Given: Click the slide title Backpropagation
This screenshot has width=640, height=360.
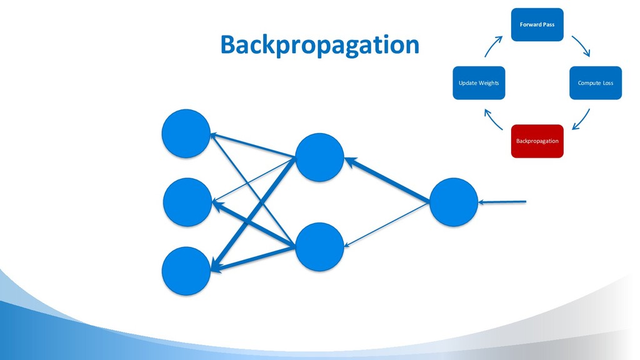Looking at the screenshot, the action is tap(319, 45).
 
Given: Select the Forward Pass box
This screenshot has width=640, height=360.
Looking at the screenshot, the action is tap(537, 24).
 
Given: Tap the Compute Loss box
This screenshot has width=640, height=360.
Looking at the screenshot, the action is tap(595, 82).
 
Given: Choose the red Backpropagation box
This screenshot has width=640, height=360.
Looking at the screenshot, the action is tap(537, 141).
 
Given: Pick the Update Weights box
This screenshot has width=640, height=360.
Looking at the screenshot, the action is tap(479, 82).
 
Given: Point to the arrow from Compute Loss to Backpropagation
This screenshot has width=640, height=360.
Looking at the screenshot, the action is tap(581, 119).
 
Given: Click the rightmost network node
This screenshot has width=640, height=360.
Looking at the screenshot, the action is tap(454, 202).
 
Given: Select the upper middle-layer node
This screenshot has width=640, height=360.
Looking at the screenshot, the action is tap(319, 157).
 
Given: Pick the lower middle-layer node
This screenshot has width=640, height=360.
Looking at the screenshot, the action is tap(319, 247).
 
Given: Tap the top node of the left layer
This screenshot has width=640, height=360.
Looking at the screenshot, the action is tap(186, 134).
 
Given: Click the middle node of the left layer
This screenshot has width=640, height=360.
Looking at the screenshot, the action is tap(187, 202).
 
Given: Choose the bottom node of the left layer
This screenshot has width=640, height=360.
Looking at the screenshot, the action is tap(186, 271).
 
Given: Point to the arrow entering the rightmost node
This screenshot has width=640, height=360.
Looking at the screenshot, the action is tap(503, 202).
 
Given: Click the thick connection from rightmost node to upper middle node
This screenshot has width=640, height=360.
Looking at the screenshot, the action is tap(387, 181).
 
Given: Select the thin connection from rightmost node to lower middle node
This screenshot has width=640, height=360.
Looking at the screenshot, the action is tap(387, 224).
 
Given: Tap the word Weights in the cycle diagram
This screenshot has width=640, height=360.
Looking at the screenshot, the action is tap(489, 83).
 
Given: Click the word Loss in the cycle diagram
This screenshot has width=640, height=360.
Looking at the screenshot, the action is tap(607, 83).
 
